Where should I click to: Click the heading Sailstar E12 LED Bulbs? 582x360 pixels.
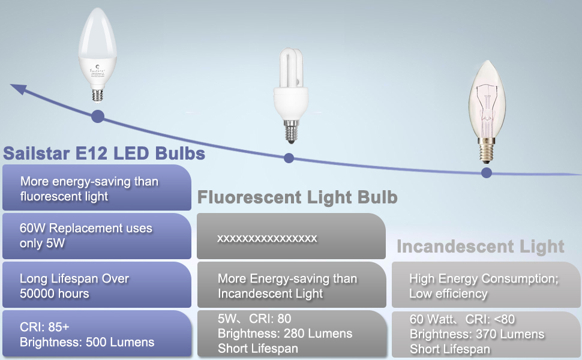104,154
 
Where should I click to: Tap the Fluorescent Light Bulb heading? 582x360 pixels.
298,197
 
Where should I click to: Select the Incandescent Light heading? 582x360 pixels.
480,246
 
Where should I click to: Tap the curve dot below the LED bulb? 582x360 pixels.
98,116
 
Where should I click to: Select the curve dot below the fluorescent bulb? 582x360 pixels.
289,158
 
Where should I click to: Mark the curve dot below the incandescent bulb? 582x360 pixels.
486,173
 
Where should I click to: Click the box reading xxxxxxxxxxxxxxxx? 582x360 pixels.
291,238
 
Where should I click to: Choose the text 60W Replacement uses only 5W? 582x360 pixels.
86,236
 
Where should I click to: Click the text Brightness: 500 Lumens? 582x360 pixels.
87,343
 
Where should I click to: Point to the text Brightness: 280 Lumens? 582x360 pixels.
285,334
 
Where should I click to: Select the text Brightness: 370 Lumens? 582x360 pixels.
477,334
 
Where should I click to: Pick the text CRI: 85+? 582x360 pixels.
44,328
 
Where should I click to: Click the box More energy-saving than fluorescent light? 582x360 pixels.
96,188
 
